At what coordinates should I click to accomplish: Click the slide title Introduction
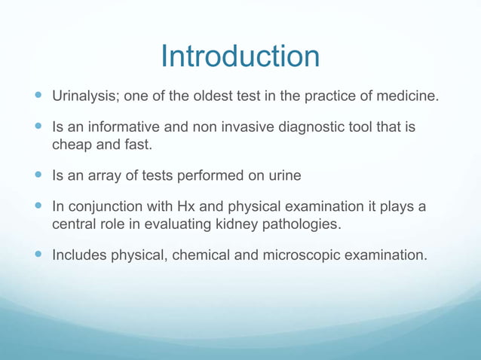coord(240,56)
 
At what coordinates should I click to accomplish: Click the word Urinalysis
coord(81,97)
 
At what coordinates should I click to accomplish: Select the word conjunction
coord(102,208)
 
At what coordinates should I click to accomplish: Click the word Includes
coord(79,256)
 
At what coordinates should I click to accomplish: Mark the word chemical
coord(199,256)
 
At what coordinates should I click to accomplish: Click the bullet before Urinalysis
coord(38,97)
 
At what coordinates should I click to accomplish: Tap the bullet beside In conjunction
coord(38,208)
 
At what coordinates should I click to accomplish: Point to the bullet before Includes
coord(38,256)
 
